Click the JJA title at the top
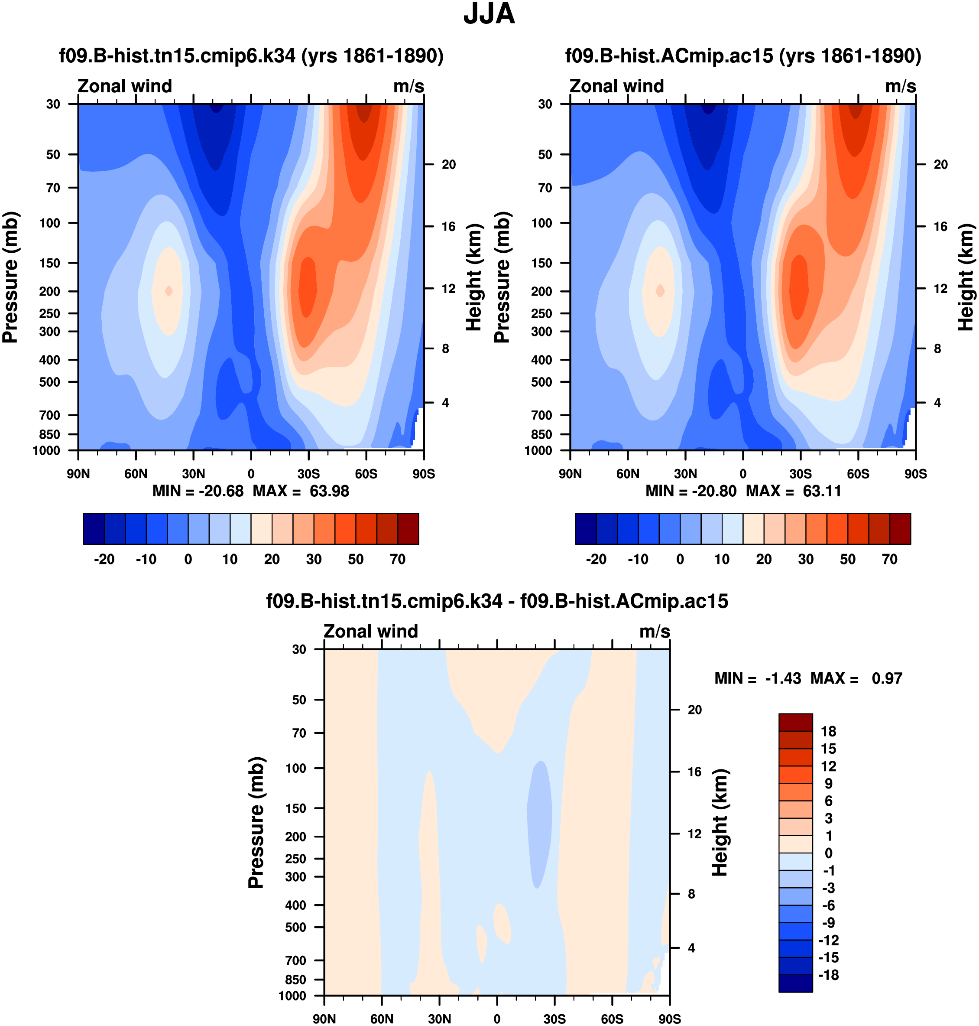coord(489,14)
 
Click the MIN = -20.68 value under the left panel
coord(198,492)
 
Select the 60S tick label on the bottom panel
coord(612,1019)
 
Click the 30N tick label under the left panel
coord(193,474)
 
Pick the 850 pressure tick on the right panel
coord(541,434)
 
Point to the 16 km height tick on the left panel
coord(448,227)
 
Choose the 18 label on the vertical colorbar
coord(828,732)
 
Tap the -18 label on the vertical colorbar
coord(828,975)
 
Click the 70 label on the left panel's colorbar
coord(398,559)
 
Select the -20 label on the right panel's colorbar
coord(596,559)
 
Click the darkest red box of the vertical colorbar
coord(795,722)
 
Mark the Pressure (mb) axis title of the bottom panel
coord(256,822)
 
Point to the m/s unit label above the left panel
coord(408,86)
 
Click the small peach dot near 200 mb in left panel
coord(169,291)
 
